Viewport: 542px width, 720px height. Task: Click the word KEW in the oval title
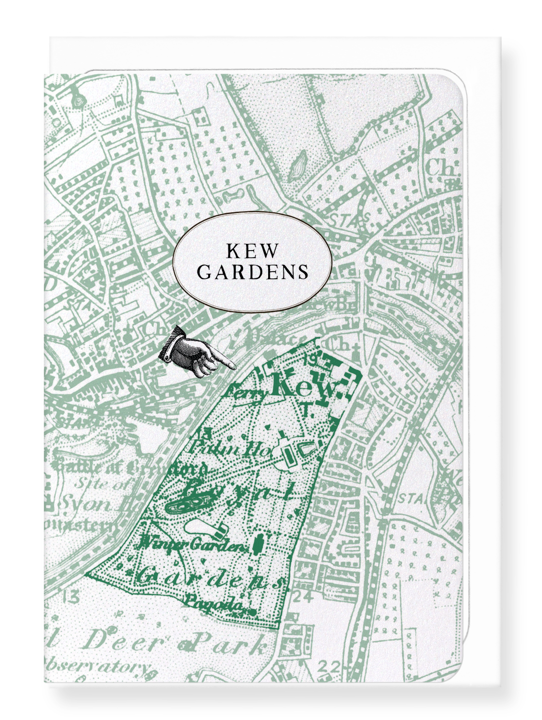pos(252,251)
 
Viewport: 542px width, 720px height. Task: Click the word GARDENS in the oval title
pos(252,272)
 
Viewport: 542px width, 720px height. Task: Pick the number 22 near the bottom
pos(329,667)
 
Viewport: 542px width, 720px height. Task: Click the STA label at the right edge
pos(411,500)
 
